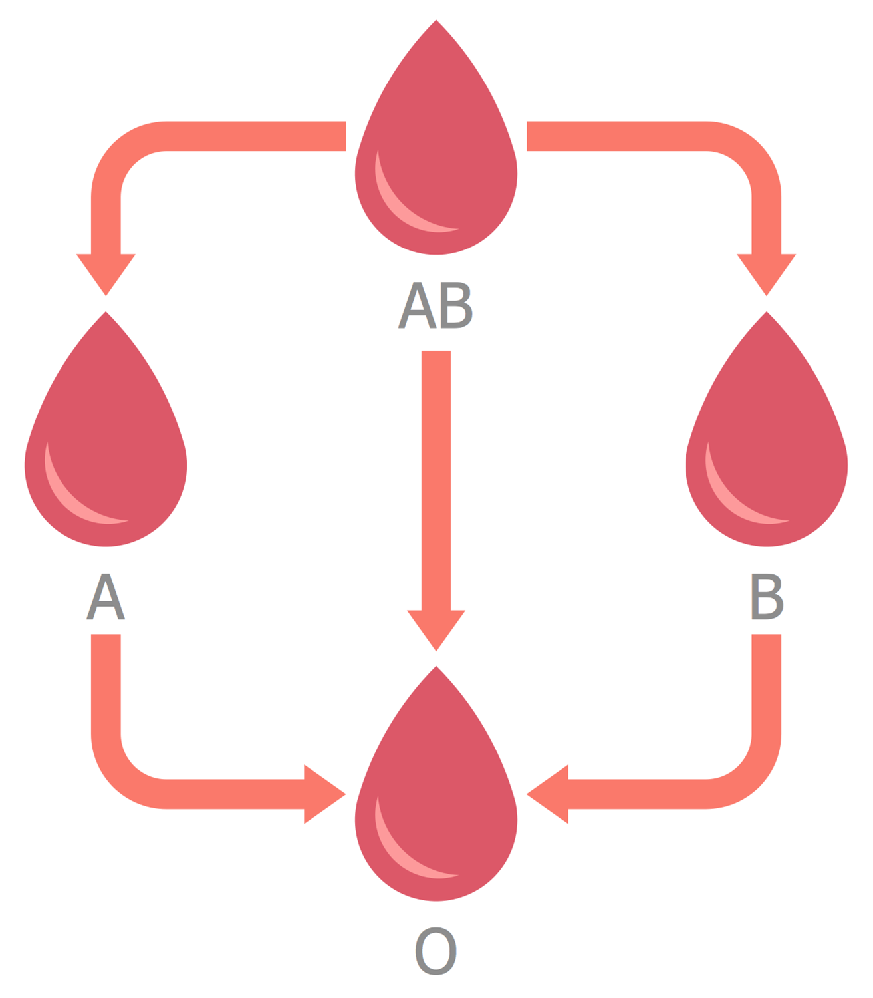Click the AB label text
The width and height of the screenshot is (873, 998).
436,305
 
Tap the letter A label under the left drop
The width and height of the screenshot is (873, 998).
106,597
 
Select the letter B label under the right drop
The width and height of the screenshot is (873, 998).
767,597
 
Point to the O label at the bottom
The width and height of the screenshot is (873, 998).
436,951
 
